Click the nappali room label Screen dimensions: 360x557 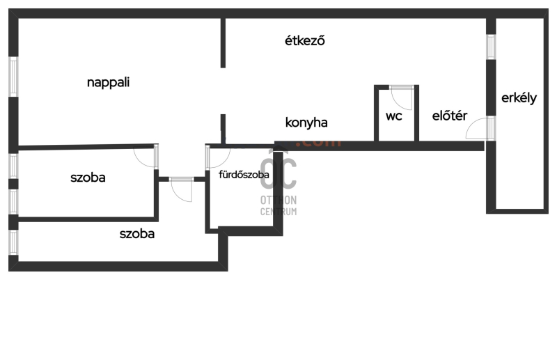(x=109, y=82)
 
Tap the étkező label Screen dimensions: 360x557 (x=305, y=40)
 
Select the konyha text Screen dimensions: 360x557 (x=306, y=123)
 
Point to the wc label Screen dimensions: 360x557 (x=394, y=116)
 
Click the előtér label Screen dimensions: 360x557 (x=449, y=116)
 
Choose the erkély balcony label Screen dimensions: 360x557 (x=519, y=98)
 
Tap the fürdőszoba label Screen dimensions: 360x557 (x=244, y=175)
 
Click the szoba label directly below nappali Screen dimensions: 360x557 (x=88, y=178)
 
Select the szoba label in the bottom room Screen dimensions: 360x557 (x=136, y=234)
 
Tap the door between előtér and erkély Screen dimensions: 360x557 (x=480, y=129)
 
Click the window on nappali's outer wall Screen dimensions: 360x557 (x=13, y=77)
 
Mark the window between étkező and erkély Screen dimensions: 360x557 (x=491, y=46)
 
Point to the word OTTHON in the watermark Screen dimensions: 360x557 (x=278, y=200)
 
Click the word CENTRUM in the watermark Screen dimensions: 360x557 (x=278, y=211)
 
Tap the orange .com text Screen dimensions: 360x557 (x=322, y=142)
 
